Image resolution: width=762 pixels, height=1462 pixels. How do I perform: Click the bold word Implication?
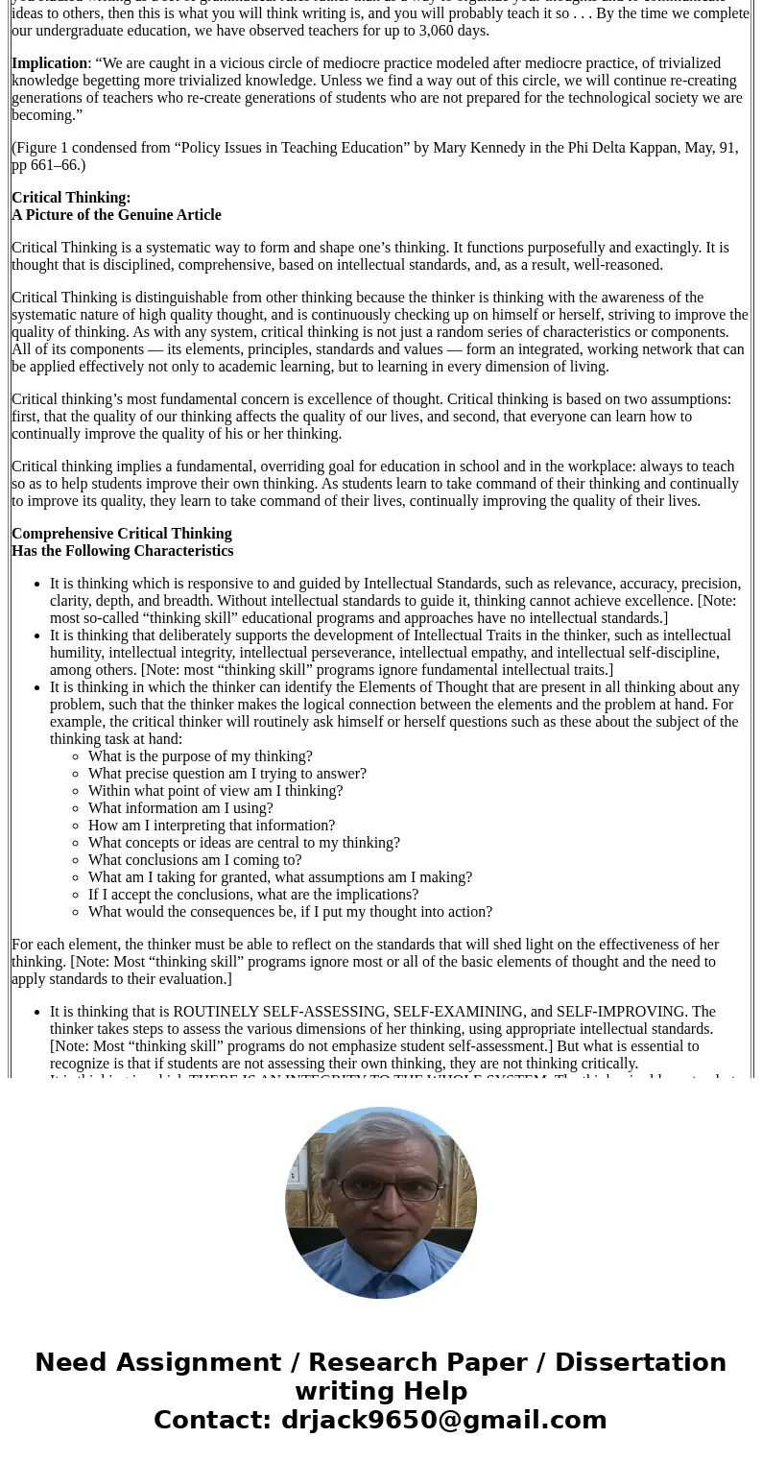[x=50, y=63]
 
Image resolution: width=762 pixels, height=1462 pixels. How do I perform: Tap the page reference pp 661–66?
[x=48, y=165]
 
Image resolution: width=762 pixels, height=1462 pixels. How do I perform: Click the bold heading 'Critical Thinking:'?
[x=71, y=198]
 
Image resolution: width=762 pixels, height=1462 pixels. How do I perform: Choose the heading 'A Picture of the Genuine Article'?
[x=116, y=215]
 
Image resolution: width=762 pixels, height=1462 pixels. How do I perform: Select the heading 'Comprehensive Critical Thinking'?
[x=121, y=534]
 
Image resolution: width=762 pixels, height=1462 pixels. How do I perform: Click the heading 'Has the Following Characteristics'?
[x=122, y=551]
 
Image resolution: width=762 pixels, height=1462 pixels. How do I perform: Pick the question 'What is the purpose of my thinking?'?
[x=200, y=756]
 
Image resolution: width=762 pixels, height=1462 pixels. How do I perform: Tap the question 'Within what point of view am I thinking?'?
[x=215, y=791]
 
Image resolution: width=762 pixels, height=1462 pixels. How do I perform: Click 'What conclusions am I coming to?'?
[x=195, y=860]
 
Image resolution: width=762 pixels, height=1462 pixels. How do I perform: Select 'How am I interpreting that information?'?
[x=211, y=826]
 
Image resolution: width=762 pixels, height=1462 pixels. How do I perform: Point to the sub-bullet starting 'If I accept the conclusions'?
[x=253, y=895]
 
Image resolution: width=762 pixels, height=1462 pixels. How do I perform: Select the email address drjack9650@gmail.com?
[x=443, y=1420]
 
